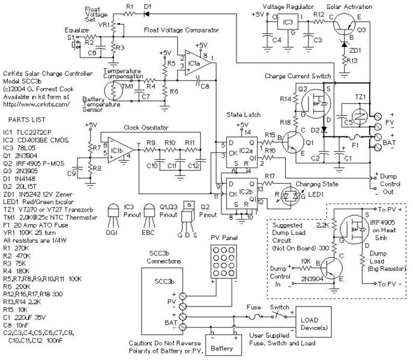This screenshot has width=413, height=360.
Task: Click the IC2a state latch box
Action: pos(239,152)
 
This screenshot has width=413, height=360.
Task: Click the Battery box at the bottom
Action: pos(221,347)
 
